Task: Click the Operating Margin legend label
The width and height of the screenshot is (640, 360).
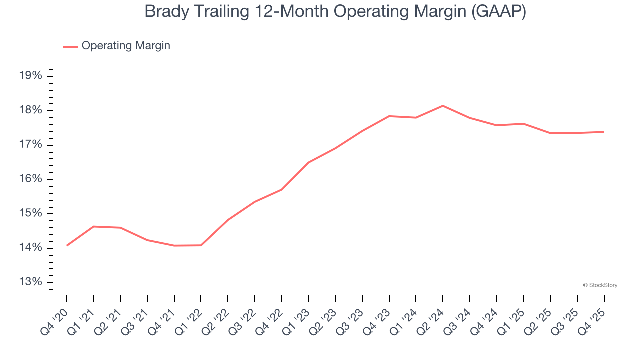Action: click(x=125, y=46)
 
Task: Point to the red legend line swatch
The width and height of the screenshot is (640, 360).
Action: click(x=70, y=46)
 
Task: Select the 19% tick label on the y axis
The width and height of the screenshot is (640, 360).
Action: click(x=30, y=76)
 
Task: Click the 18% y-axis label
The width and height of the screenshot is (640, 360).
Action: click(x=30, y=110)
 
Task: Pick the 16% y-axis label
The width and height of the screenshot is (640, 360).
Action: click(x=30, y=179)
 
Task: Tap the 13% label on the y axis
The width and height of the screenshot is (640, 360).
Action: click(x=30, y=282)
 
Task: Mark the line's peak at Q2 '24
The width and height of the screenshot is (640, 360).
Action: click(x=443, y=106)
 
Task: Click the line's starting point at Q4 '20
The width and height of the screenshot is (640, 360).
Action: click(x=67, y=245)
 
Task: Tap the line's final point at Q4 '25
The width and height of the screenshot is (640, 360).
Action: click(x=604, y=132)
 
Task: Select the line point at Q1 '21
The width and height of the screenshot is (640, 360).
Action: click(x=94, y=226)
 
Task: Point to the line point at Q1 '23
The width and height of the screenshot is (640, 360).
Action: click(x=308, y=162)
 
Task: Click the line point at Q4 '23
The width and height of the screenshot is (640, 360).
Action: click(x=389, y=116)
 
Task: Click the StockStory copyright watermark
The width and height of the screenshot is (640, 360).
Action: click(x=600, y=285)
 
